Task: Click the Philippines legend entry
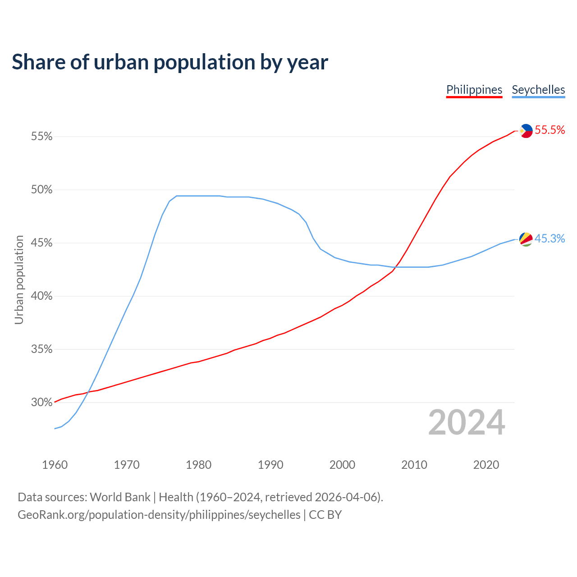point(474,90)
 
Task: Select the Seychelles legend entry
point(538,90)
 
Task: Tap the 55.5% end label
point(550,130)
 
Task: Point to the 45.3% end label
point(550,239)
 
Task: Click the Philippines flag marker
point(526,131)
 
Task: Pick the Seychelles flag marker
point(526,239)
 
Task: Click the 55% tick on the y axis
point(42,136)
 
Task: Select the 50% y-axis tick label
point(42,190)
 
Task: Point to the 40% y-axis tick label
point(42,296)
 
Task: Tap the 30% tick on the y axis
point(42,403)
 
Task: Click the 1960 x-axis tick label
point(55,465)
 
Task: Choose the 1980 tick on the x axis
point(198,465)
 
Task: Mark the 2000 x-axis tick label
point(342,465)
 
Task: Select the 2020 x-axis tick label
point(486,465)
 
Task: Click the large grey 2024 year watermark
point(467,423)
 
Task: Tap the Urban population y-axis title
point(19,279)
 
